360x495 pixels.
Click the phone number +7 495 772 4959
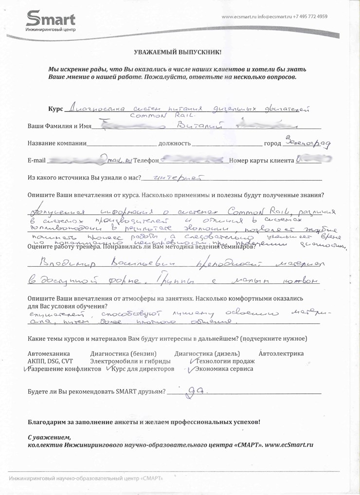310,17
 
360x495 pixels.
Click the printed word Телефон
145,160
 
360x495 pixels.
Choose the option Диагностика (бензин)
123,354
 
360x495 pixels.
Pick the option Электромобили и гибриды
130,361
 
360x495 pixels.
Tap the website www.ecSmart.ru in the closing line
288,445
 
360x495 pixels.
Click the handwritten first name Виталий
194,126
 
